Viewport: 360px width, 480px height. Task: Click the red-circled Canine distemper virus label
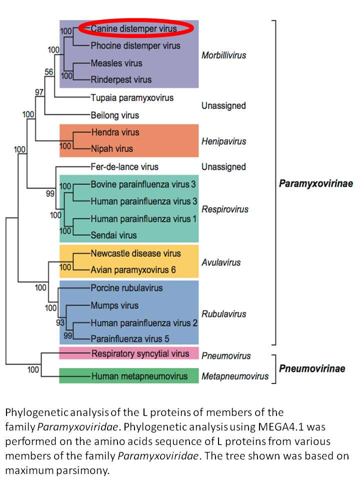pos(134,28)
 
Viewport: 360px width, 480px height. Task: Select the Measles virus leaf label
pos(116,63)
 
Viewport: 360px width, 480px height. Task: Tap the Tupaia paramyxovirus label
pos(132,98)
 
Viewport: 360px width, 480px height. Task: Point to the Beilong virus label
pos(115,115)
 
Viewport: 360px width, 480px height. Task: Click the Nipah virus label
pos(112,149)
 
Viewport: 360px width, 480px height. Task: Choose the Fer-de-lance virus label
pos(124,166)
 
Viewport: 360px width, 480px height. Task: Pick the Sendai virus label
pos(113,235)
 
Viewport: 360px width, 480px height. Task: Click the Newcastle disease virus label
pos(135,253)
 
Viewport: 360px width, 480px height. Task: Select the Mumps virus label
pos(114,305)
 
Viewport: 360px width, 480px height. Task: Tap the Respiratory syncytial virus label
pos(140,353)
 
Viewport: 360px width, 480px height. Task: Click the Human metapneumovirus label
pos(139,376)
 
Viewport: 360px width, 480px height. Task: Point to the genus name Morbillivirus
pos(224,55)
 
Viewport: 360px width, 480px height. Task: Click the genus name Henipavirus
pos(224,141)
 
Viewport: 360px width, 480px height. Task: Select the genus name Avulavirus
pos(221,262)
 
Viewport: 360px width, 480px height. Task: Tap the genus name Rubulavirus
pos(224,314)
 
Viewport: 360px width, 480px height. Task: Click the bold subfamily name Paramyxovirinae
pos(316,183)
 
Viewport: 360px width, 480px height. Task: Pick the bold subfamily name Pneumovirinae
pos(312,368)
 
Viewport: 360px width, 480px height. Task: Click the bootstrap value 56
pos(49,72)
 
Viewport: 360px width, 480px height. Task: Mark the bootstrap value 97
pos(39,92)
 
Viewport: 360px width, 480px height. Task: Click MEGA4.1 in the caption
pos(280,426)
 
